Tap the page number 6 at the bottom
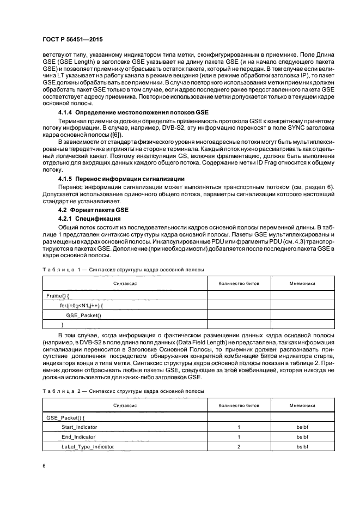pos(44,465)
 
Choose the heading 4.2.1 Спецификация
pos(93,219)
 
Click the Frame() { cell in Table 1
pos(58,295)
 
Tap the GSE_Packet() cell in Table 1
pos(84,315)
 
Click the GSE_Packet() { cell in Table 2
pos(64,417)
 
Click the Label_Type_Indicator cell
pos(88,446)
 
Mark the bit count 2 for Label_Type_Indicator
pos(239,446)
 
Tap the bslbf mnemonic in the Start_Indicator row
pos(302,427)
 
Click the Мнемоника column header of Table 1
pos(302,284)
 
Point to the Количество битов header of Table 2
pos(239,405)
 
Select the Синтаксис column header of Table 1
pos(125,284)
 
